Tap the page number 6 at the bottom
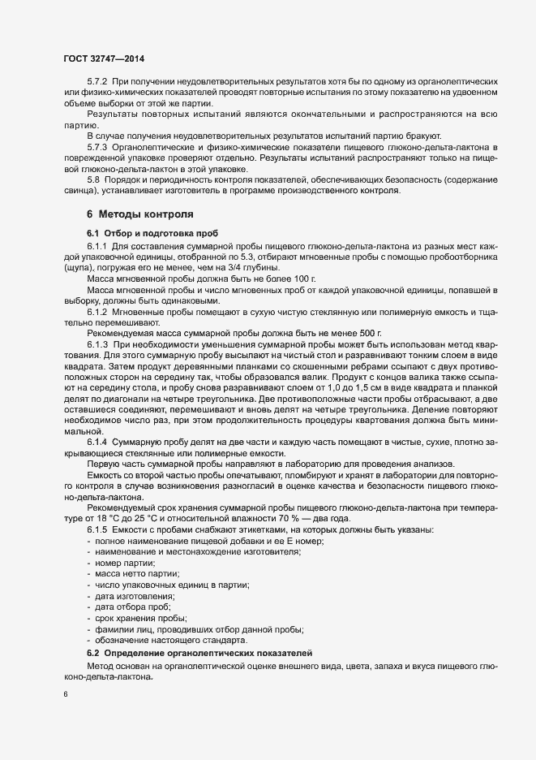[x=66, y=694]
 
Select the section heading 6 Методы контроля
[x=139, y=214]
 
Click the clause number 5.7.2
[x=97, y=82]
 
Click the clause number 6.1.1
[x=97, y=245]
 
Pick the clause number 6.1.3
[x=97, y=344]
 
